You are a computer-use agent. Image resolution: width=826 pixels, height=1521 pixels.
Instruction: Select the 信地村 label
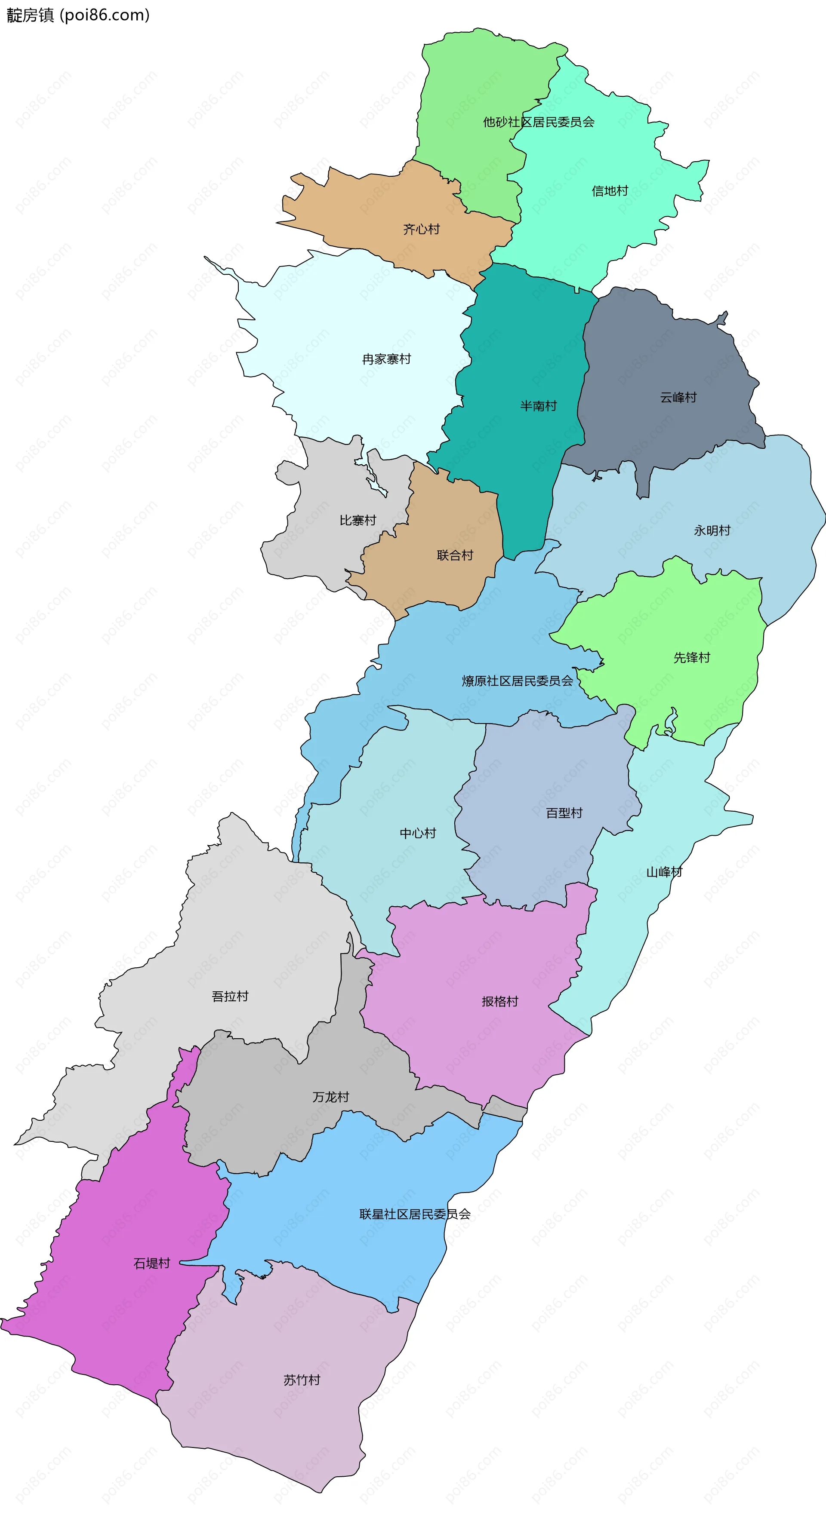[610, 191]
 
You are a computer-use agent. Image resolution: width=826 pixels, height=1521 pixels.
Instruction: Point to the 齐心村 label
[421, 229]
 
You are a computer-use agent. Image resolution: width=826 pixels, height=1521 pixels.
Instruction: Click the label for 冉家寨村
[386, 359]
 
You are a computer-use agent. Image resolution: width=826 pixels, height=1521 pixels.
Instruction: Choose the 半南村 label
[538, 406]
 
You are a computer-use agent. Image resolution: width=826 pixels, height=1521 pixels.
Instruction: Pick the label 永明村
[712, 530]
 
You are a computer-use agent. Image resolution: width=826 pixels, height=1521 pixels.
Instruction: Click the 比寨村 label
[358, 520]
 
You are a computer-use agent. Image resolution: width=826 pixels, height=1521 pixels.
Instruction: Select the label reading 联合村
[455, 555]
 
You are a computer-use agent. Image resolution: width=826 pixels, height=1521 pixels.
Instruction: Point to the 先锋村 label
[691, 657]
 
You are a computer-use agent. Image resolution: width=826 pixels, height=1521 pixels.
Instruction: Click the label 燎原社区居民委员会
[517, 681]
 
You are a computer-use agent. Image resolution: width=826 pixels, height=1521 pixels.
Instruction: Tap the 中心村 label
[418, 833]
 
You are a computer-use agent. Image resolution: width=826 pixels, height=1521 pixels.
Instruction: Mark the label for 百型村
[564, 813]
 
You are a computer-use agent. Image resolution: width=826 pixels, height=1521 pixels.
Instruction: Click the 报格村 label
[500, 1001]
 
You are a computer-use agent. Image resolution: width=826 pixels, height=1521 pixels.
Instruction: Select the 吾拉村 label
[230, 996]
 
